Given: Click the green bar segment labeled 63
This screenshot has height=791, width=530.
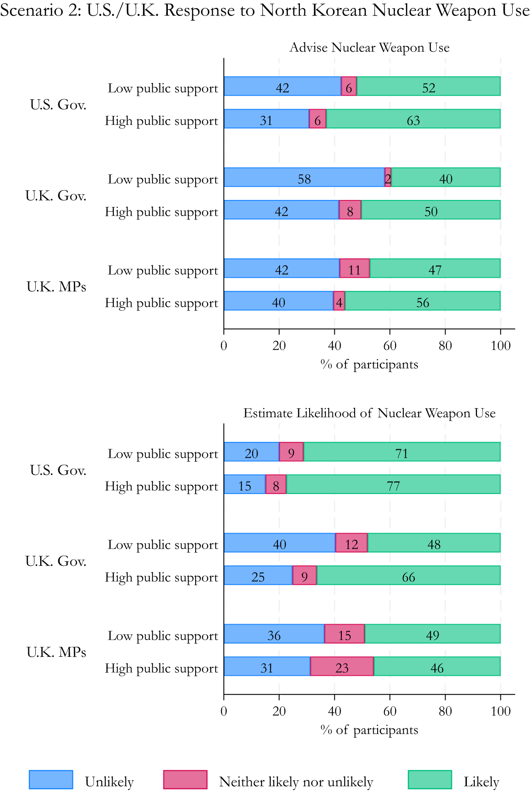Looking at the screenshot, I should (x=413, y=119).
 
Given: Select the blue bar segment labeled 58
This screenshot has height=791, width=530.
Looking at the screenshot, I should (x=304, y=177).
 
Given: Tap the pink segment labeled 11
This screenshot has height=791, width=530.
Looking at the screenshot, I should (x=354, y=268).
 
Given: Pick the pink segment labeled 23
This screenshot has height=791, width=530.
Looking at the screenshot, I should (x=342, y=667).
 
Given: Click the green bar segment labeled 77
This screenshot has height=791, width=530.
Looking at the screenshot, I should (x=393, y=485).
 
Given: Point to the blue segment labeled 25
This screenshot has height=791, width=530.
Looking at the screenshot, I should (x=258, y=576).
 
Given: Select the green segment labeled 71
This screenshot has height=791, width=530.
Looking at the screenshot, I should (x=401, y=452).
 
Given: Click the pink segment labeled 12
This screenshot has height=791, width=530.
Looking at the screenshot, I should (x=352, y=543).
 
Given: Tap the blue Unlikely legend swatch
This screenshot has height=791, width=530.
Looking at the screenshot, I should (x=51, y=780).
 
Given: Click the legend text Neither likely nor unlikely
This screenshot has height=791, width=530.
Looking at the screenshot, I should (x=296, y=782).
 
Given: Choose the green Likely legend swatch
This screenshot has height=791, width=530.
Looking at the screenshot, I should (x=430, y=780).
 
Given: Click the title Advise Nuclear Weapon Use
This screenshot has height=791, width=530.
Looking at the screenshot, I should (x=369, y=48).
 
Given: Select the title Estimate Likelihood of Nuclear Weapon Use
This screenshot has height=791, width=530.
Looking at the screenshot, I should (x=369, y=413).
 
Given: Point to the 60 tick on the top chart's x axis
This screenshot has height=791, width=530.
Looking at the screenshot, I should (x=390, y=346).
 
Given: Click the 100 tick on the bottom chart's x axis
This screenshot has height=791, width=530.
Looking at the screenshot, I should (x=500, y=711).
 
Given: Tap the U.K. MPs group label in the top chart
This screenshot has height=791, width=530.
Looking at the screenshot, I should (x=56, y=287).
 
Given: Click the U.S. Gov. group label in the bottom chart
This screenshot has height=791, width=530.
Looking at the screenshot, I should (x=58, y=471).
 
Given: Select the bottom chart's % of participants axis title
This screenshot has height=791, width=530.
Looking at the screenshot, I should (x=369, y=730).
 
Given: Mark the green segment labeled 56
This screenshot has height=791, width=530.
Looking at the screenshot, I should (x=423, y=301).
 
